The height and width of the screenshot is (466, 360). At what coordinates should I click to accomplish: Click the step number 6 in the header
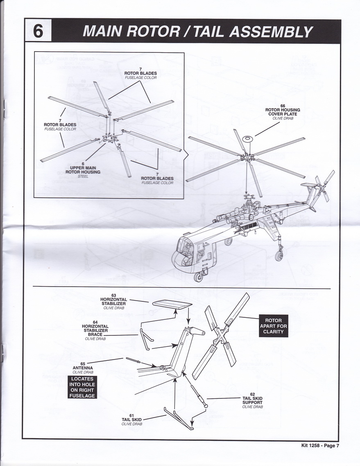click(38, 31)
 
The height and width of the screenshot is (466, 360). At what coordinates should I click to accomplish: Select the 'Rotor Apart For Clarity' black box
click(273, 326)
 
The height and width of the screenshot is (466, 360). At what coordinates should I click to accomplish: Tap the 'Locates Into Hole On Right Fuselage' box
click(82, 387)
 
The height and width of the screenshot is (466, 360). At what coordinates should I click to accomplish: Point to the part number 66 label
click(283, 106)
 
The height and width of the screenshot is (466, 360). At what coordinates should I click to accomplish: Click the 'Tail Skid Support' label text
click(252, 400)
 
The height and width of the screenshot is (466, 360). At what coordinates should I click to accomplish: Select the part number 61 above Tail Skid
click(131, 416)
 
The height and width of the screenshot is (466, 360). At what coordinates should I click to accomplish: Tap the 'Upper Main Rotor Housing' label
click(83, 170)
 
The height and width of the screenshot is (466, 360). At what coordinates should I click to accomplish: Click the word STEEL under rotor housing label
click(83, 176)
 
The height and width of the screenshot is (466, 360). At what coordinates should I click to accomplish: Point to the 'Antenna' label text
click(83, 368)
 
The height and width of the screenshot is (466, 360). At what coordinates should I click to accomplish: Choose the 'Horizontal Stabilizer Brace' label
click(95, 330)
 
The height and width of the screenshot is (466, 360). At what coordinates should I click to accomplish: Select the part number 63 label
click(113, 295)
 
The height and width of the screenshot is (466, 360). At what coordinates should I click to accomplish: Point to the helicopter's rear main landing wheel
click(280, 255)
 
